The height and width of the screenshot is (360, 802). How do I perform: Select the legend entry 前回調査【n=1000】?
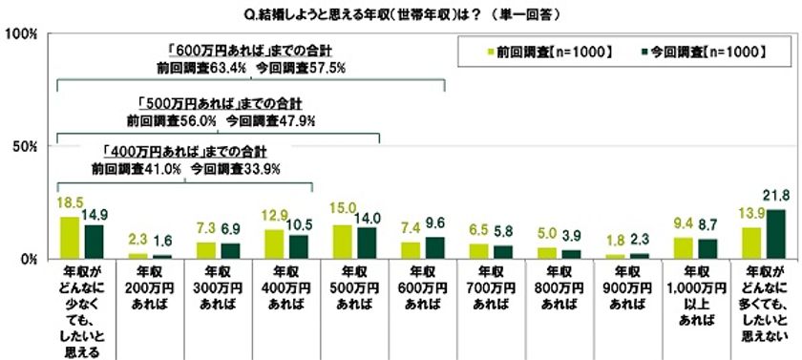coord(555,51)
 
